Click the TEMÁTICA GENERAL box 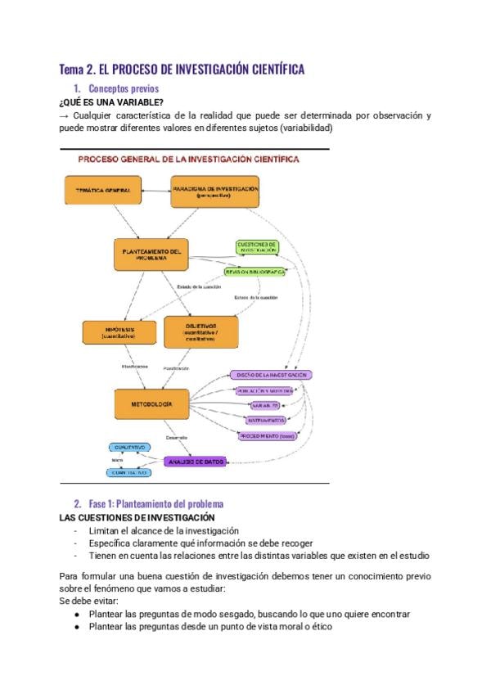(98, 191)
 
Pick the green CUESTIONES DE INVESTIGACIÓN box (257, 247)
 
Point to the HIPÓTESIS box (119, 332)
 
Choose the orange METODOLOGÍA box (151, 404)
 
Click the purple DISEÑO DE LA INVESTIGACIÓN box (271, 374)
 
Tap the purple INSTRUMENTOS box (265, 420)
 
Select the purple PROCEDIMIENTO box (267, 436)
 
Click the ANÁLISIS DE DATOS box (194, 462)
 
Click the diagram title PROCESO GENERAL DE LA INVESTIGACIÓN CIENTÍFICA (188, 160)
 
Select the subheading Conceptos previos (124, 88)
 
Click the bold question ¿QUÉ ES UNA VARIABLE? (111, 102)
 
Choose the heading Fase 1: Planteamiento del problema (155, 504)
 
